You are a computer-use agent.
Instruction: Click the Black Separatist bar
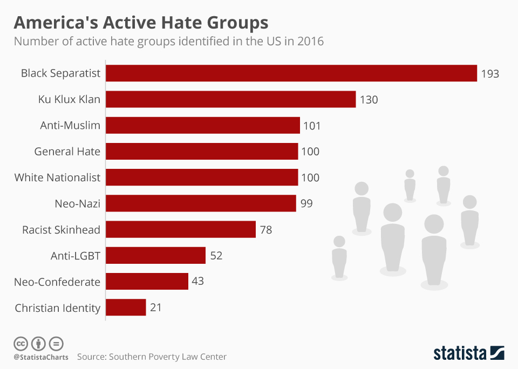click(291, 73)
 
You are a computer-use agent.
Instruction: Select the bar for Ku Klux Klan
click(231, 99)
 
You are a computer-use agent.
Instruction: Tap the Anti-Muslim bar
click(203, 126)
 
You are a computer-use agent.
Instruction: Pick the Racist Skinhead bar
click(181, 229)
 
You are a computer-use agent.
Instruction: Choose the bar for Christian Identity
click(126, 307)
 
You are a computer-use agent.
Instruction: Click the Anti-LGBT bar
click(156, 255)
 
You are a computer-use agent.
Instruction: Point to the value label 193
click(490, 74)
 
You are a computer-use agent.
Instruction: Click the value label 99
click(306, 204)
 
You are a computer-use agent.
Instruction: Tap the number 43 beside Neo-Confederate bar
click(197, 282)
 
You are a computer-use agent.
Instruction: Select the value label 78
click(265, 230)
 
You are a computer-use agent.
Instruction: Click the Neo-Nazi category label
click(77, 204)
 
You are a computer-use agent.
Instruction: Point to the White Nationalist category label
click(57, 177)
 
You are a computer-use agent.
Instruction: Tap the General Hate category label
click(67, 152)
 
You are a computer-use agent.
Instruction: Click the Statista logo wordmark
click(460, 353)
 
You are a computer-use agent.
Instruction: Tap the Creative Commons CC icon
click(21, 343)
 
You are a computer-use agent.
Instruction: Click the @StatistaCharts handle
click(41, 357)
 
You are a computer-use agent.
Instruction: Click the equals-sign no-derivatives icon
click(56, 343)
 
